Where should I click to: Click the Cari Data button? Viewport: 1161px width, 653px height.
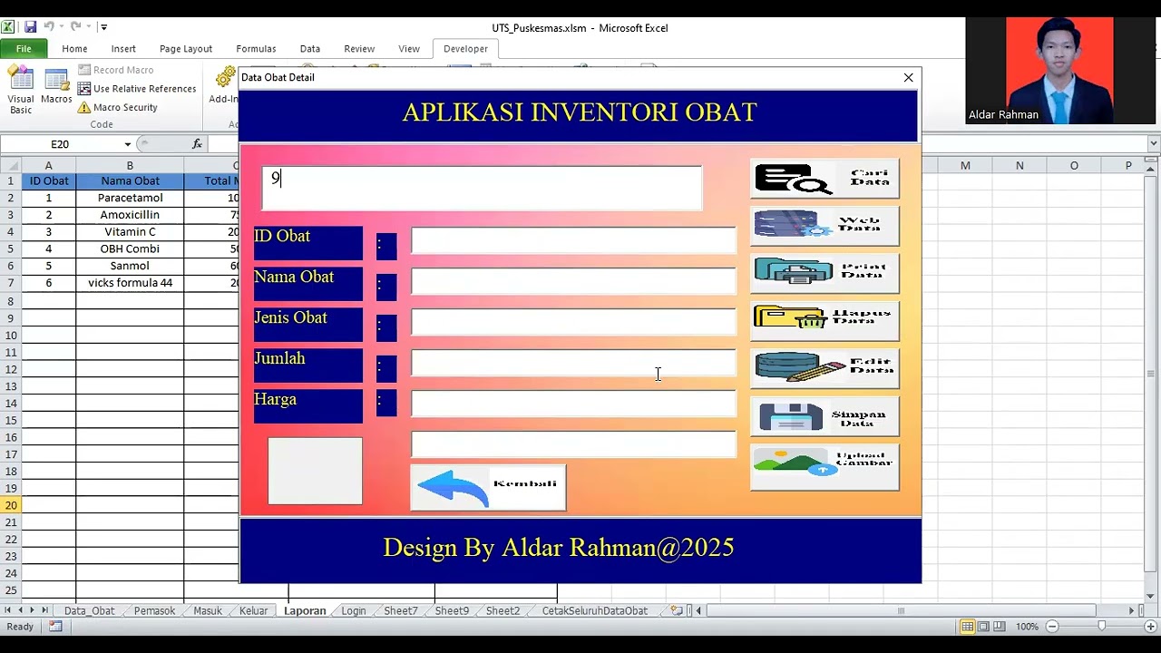pos(824,179)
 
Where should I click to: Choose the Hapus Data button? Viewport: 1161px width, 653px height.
pos(824,320)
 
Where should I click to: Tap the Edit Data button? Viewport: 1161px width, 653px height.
pos(824,367)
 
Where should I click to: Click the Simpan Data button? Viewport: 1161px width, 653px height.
pos(824,416)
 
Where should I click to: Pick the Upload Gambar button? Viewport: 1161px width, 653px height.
pos(824,465)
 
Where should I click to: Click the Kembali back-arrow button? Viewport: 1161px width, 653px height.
pos(488,488)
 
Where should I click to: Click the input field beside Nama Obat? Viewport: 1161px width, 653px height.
pos(573,281)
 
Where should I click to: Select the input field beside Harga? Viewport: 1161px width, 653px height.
pos(573,404)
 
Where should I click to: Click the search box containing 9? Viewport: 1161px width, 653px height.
pos(482,188)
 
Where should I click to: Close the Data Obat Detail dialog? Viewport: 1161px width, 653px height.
pos(908,78)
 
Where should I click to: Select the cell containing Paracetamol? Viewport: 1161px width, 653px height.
pos(130,198)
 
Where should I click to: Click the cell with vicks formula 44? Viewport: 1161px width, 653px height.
pos(130,283)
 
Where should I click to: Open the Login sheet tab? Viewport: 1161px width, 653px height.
pos(354,611)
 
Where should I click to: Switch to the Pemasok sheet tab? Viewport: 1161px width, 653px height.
pos(154,611)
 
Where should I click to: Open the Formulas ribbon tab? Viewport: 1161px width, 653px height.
pos(256,49)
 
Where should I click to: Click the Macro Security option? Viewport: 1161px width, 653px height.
pos(124,107)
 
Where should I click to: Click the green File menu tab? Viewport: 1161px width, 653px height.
pos(24,49)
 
